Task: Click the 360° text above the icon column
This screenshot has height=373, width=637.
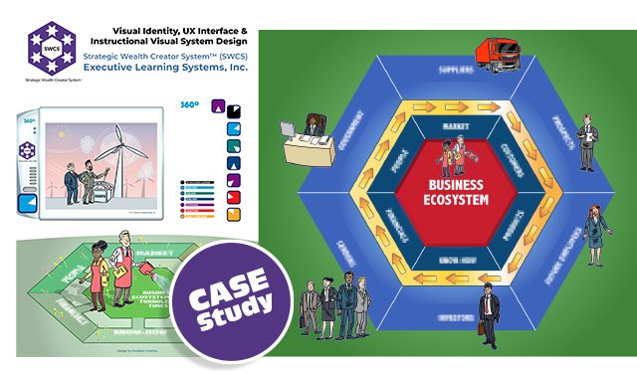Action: (186, 103)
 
